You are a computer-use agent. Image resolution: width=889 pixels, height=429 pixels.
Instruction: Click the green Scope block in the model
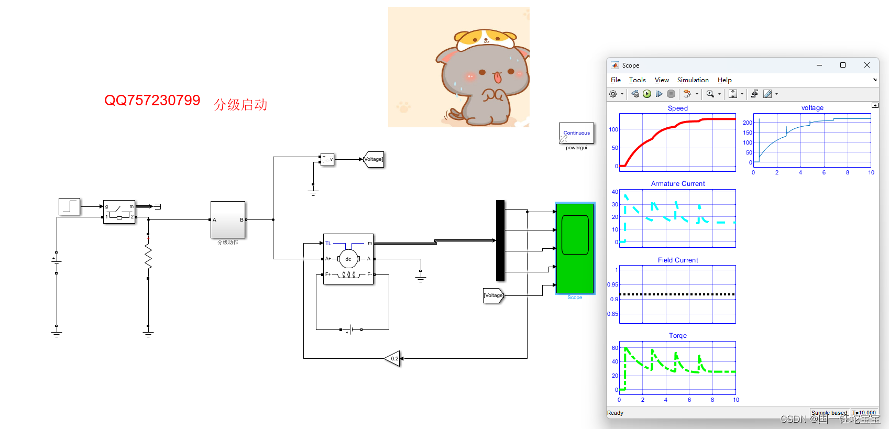pyautogui.click(x=575, y=248)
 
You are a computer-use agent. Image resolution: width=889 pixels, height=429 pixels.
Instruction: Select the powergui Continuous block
pyautogui.click(x=576, y=133)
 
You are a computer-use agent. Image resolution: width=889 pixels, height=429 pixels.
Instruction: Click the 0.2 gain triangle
pyautogui.click(x=393, y=359)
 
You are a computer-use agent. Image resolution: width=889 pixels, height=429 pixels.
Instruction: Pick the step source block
pyautogui.click(x=69, y=206)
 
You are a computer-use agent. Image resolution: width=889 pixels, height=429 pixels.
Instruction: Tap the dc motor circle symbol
pyautogui.click(x=348, y=259)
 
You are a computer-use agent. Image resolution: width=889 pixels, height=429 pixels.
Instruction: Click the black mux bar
pyautogui.click(x=500, y=240)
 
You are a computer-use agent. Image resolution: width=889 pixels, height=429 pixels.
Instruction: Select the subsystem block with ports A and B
pyautogui.click(x=227, y=219)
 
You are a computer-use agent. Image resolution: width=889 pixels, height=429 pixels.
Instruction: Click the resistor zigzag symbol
pyautogui.click(x=148, y=257)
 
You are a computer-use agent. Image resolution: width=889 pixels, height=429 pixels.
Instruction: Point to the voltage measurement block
pyautogui.click(x=327, y=159)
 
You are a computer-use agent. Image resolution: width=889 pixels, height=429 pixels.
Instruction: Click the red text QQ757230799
pyautogui.click(x=152, y=100)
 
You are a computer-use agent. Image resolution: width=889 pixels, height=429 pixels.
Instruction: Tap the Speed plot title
pyautogui.click(x=677, y=108)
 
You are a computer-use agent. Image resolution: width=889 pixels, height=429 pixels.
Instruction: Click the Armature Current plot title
pyautogui.click(x=677, y=184)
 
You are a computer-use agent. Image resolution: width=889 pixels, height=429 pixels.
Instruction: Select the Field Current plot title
pyautogui.click(x=677, y=260)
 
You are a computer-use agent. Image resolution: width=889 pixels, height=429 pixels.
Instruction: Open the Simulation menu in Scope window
pyautogui.click(x=693, y=80)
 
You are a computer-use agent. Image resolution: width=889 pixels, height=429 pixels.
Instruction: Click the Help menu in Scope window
pyautogui.click(x=724, y=80)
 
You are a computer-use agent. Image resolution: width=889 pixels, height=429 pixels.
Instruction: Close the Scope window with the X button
pyautogui.click(x=866, y=65)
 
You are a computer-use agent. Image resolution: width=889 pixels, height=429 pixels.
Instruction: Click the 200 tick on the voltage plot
pyautogui.click(x=747, y=123)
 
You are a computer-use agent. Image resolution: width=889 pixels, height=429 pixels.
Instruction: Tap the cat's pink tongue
pyautogui.click(x=498, y=78)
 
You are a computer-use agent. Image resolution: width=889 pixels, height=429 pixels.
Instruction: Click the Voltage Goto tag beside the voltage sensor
pyautogui.click(x=374, y=159)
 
